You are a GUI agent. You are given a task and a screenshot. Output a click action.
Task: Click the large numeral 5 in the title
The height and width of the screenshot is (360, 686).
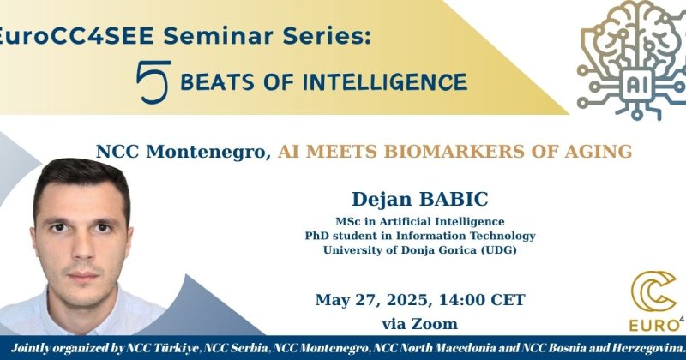point(153,81)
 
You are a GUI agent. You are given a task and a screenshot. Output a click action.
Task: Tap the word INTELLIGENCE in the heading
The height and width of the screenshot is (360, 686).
point(388,82)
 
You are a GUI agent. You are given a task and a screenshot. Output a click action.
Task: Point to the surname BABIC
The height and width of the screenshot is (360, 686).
point(454,200)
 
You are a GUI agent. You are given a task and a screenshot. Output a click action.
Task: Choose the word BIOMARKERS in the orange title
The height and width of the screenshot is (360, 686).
point(454,152)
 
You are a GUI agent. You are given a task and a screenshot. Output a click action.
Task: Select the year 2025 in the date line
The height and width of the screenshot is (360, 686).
point(411,300)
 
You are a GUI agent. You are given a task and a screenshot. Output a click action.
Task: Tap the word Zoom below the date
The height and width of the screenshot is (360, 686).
point(435,324)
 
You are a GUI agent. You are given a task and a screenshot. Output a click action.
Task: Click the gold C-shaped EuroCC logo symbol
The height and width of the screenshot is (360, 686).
point(653,291)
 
